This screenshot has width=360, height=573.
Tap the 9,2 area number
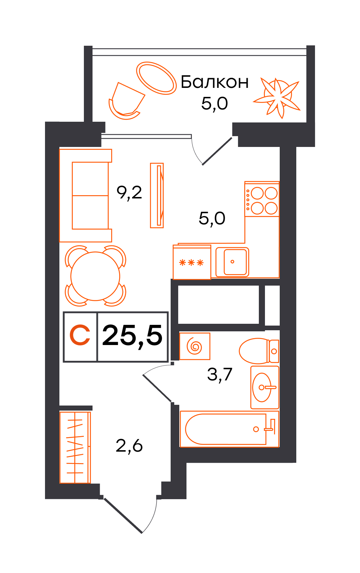tap(129, 193)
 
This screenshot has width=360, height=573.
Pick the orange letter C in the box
tap(80, 335)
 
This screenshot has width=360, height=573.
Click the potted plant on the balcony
tap(276, 98)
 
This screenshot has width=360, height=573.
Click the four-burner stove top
tap(262, 199)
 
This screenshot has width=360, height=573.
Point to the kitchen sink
tap(232, 262)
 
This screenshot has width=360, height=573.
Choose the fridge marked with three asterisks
tap(192, 262)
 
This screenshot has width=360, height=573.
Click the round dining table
tap(95, 276)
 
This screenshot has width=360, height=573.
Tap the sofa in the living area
tap(85, 196)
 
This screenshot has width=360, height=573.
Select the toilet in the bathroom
tap(259, 351)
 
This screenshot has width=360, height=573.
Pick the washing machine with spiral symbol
tap(194, 346)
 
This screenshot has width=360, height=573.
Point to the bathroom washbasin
tap(265, 387)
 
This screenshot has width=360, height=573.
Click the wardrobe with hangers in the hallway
tap(75, 447)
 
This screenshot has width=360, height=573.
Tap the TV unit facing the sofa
tap(157, 196)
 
